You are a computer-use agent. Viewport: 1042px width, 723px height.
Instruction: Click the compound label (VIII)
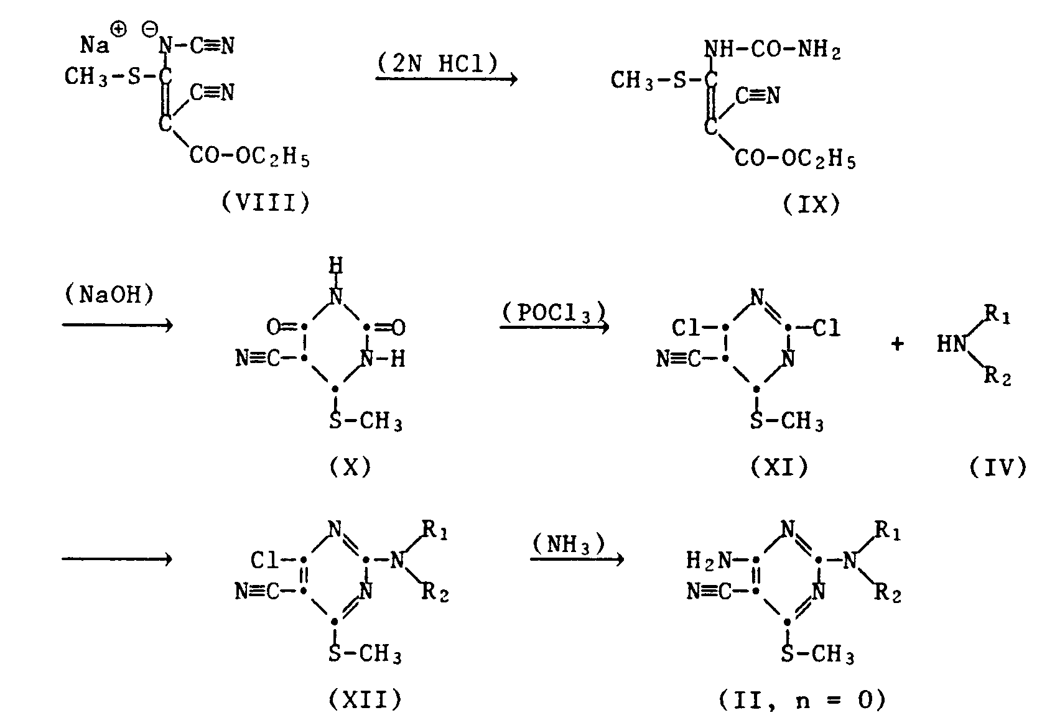point(266,203)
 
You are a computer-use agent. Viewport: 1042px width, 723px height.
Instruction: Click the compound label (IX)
point(812,204)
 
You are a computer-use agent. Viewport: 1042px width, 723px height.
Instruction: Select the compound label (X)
point(351,466)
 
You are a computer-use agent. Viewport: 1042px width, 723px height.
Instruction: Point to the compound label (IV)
point(998,466)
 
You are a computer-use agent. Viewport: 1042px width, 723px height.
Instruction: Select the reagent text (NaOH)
point(109,295)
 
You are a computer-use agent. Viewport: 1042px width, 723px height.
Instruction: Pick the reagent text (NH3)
point(569,545)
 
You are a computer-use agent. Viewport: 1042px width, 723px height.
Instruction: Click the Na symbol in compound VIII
point(95,45)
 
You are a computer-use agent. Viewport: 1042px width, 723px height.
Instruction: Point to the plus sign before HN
point(897,344)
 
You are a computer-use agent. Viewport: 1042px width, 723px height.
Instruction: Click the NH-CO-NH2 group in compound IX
point(774,50)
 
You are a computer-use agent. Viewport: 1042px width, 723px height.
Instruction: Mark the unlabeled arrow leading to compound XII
point(116,560)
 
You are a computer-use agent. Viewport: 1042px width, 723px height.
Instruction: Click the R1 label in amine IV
point(998,316)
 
